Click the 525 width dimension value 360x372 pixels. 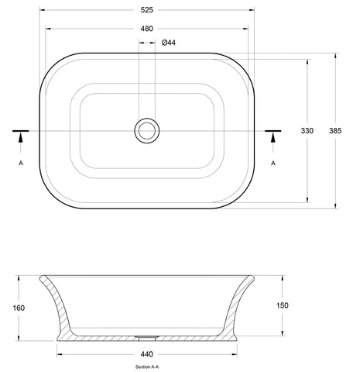pos(147,10)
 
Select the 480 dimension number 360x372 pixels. pos(147,29)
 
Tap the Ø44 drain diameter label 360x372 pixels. pos(169,43)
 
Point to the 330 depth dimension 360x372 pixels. pos(307,131)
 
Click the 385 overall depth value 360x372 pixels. pos(335,131)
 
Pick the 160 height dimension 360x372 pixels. pos(19,308)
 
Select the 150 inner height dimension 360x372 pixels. pos(283,305)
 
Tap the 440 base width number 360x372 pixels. pos(147,354)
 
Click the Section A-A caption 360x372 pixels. pos(147,367)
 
